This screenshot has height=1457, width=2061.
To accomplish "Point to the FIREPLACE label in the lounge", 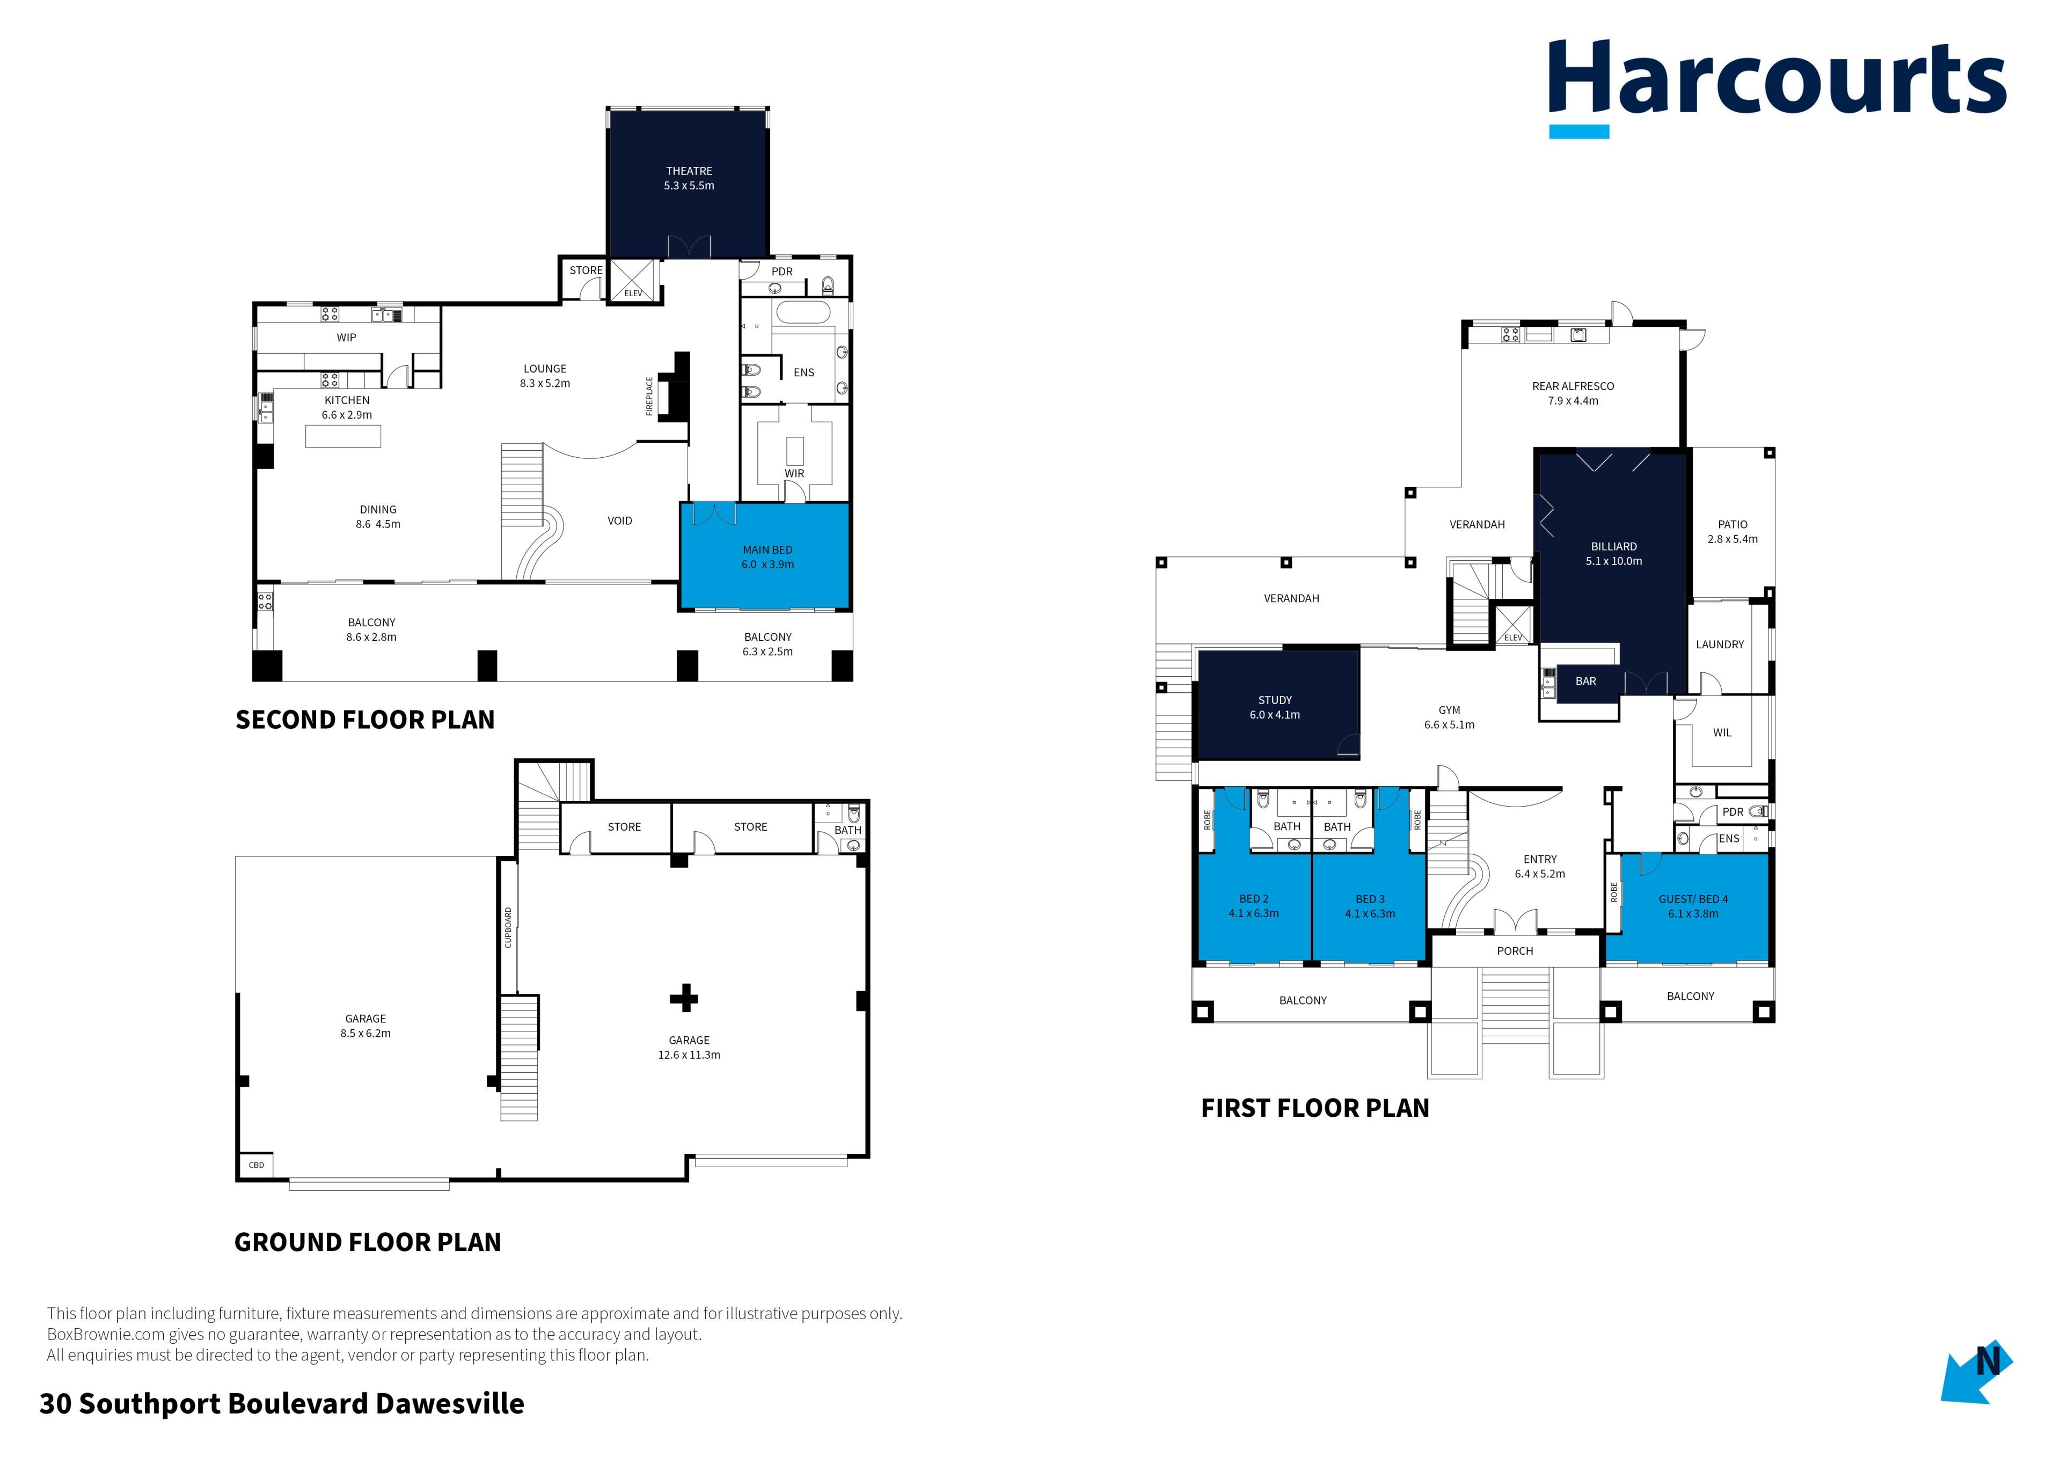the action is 649,396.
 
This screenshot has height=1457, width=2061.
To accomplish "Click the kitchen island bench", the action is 343,436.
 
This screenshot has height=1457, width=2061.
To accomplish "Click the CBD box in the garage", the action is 256,1165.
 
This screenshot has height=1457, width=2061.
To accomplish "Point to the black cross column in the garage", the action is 684,998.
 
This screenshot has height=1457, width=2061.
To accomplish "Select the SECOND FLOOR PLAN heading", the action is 364,720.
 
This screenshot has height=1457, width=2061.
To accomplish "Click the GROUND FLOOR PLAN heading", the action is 367,1242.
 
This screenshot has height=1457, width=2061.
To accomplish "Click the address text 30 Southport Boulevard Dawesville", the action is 282,1404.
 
